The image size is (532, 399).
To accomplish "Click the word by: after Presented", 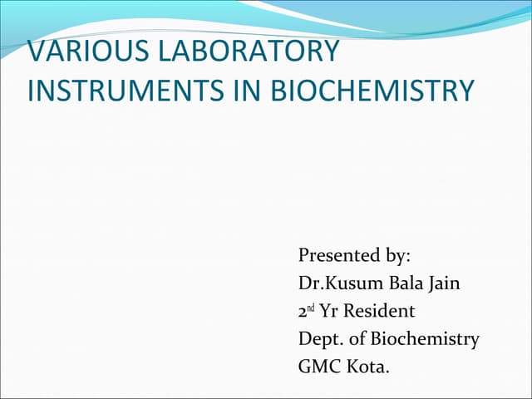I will coord(398,255).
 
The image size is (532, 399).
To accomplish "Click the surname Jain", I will coord(443,283).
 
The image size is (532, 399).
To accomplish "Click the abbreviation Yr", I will coord(329,312).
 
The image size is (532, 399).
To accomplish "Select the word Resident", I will coord(379,312).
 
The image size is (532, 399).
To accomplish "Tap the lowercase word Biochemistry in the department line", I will coord(426,340).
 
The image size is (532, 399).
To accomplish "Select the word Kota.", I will coord(368,366).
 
